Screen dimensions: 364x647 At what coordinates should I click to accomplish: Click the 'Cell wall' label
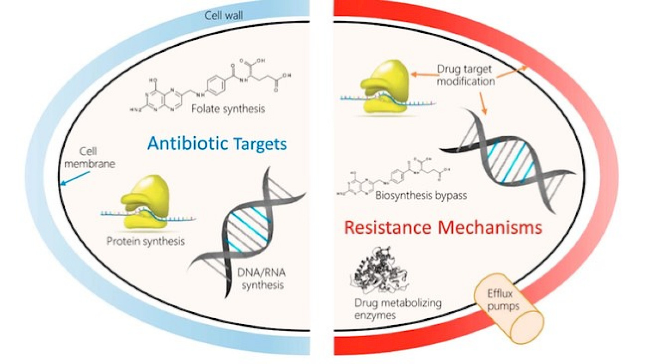(x=224, y=15)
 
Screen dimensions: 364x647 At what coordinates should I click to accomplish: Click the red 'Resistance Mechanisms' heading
(x=443, y=227)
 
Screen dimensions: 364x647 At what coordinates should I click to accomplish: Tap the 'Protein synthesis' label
(x=146, y=241)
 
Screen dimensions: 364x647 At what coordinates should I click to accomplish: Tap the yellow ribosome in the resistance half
(x=383, y=88)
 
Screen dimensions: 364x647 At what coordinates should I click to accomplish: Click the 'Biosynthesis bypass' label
(x=421, y=195)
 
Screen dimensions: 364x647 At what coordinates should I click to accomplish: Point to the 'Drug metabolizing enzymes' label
(x=398, y=309)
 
